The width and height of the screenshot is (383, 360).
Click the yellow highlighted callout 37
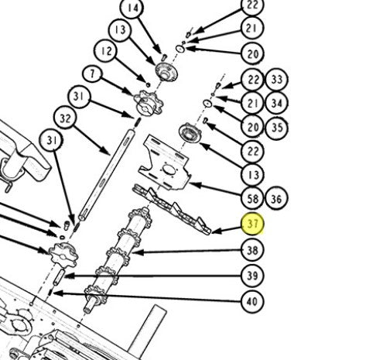[252, 224]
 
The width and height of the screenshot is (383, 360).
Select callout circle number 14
[132, 8]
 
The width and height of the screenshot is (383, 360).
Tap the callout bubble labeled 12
[106, 50]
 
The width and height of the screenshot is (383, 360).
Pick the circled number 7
[92, 74]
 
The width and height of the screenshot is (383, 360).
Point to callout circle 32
[65, 118]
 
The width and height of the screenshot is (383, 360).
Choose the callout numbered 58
[252, 198]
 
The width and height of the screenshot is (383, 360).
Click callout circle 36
[276, 198]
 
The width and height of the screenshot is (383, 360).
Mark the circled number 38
[252, 250]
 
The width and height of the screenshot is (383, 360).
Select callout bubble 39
[252, 276]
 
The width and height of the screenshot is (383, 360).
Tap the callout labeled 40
[252, 301]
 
